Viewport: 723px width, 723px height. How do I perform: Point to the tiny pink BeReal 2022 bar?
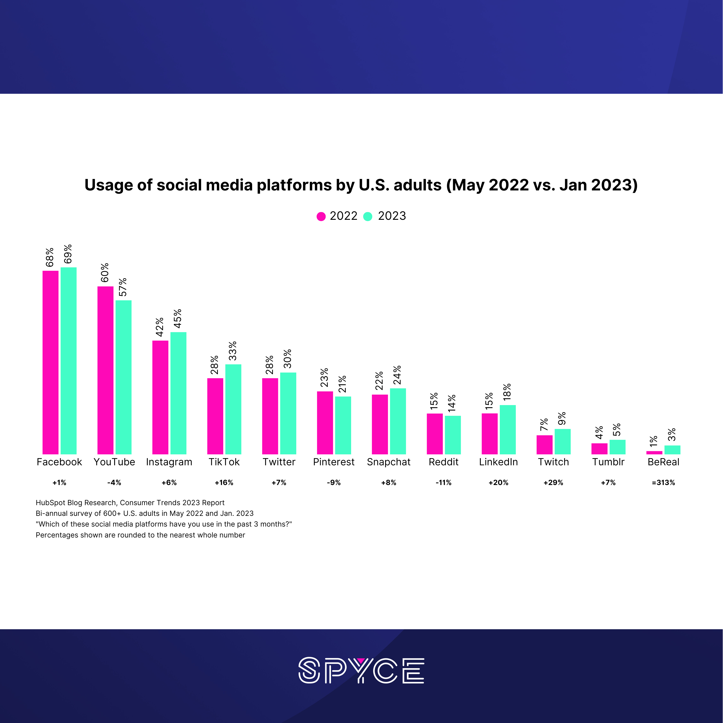(654, 452)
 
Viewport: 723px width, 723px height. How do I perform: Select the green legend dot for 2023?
(368, 216)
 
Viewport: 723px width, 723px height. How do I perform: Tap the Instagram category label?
(169, 462)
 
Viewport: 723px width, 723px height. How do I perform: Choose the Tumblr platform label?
(608, 462)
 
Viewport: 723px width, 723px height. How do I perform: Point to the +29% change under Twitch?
(553, 483)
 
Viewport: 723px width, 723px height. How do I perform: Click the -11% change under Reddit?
(443, 483)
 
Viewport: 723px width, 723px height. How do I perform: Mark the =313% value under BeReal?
(663, 483)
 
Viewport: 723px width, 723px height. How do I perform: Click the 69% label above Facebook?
(68, 254)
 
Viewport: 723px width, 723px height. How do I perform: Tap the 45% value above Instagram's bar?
(178, 319)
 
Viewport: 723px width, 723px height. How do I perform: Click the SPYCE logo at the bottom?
(361, 670)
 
